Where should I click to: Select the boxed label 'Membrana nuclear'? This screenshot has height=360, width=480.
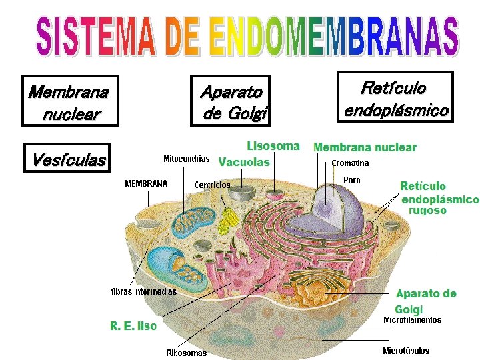pos(69,101)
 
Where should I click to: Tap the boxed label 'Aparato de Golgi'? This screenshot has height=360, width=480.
pos(231,101)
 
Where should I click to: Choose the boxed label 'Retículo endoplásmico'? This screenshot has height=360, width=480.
pos(395,97)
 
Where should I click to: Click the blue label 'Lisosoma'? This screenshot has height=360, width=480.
pos(273,145)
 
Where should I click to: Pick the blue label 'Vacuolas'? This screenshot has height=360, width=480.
pos(244,162)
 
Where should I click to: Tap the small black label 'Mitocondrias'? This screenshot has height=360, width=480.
pos(187,159)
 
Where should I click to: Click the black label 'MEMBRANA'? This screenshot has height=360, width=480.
pos(146,183)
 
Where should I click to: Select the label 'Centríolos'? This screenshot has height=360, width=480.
pos(212,185)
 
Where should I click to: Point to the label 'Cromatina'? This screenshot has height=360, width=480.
pos(350,163)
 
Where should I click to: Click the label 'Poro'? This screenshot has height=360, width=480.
pos(351,180)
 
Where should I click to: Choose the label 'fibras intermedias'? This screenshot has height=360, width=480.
pos(143,291)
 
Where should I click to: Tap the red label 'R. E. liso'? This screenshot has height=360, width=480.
pos(133,326)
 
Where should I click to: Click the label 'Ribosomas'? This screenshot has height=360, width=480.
pos(186,353)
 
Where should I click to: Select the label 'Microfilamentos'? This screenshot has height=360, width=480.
pos(412,320)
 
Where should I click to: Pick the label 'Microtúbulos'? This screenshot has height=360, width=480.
pos(406,351)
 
